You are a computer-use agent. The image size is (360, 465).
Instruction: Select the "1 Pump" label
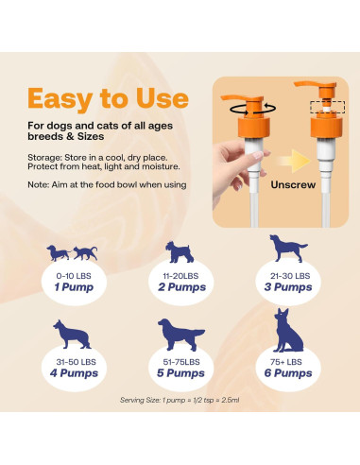pos(73,286)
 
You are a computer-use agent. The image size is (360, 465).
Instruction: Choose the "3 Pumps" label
pos(287,286)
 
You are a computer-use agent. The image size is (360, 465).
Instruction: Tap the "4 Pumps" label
pos(73,372)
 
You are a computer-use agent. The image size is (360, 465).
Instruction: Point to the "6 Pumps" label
pos(287,372)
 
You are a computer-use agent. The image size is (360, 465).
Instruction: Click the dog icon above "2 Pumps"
pos(180,251)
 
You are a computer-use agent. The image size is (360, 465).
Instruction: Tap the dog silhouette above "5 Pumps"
pos(180,335)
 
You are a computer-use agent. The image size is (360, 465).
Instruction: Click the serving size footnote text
pos(180,400)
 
